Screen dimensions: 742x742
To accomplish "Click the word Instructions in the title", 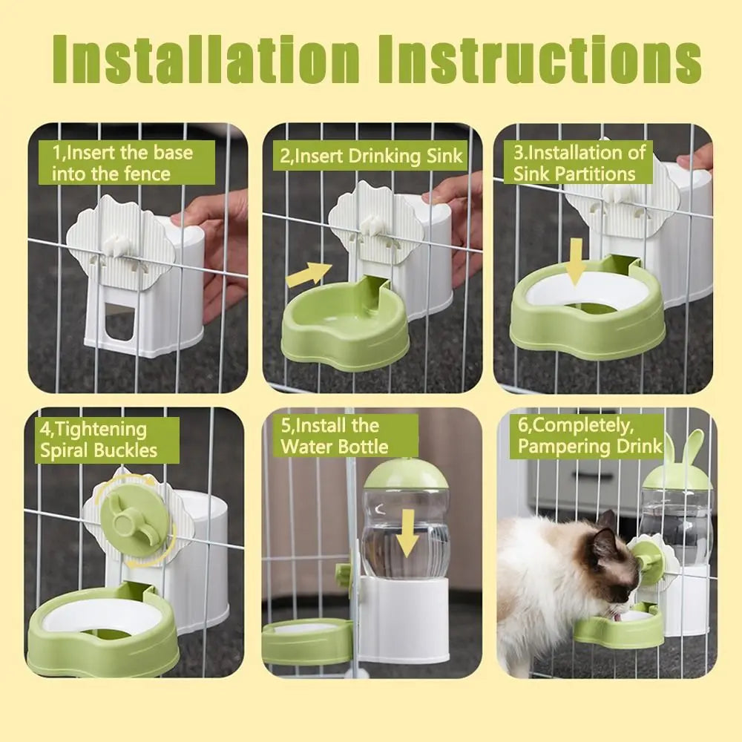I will [x=539, y=59].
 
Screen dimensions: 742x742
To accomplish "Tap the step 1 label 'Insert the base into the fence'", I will [x=123, y=163].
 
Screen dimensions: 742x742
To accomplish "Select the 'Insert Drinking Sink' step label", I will [x=372, y=157].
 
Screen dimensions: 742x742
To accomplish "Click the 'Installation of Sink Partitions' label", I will [x=580, y=163].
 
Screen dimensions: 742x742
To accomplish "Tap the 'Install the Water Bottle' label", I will [x=334, y=436].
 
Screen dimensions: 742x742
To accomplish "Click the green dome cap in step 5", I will [x=405, y=474].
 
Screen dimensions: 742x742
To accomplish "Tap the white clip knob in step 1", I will [x=116, y=243].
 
